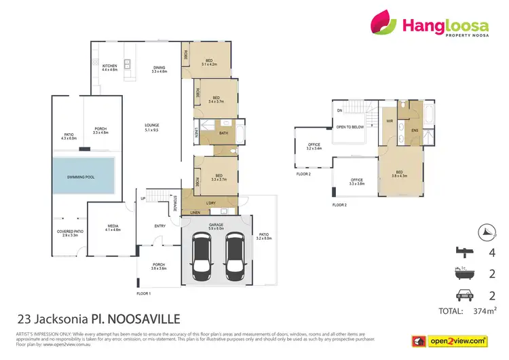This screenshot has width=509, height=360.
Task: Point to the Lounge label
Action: click(x=151, y=127)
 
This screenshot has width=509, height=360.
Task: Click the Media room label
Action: click(x=113, y=229)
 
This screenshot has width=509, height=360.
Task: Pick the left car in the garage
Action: click(x=203, y=257)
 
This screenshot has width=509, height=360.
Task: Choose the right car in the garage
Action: click(x=234, y=257)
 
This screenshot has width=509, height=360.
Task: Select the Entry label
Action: click(x=159, y=227)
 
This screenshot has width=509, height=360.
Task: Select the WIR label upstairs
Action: click(x=390, y=121)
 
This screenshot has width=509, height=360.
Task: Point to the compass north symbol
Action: click(x=485, y=231)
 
